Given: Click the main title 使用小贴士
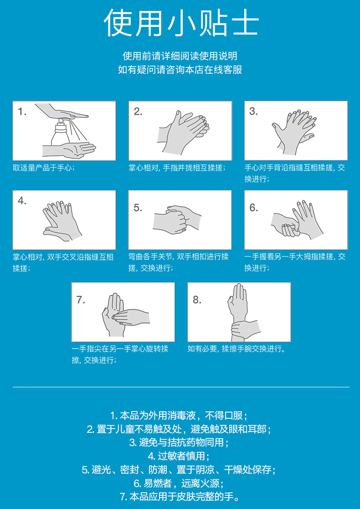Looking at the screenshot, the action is (181, 22).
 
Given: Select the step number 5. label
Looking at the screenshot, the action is (138, 207).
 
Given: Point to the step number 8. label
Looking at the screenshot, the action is (197, 300).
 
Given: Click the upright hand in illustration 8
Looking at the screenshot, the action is (237, 302).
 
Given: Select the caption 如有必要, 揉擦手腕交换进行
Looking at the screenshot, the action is (237, 349).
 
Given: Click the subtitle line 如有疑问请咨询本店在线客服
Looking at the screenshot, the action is (180, 70).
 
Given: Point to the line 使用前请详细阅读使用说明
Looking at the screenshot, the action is (180, 56).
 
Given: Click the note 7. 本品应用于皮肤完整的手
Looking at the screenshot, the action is (180, 497).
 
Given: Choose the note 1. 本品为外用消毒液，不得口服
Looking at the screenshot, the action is (180, 416).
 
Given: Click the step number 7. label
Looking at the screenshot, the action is (81, 300).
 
